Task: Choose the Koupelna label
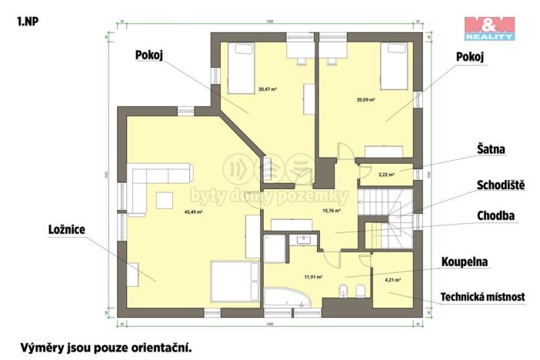click(466, 262)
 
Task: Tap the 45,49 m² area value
click(194, 212)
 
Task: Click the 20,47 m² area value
click(268, 89)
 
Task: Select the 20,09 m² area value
click(365, 99)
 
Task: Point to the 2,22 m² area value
click(386, 175)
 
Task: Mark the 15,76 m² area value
click(331, 209)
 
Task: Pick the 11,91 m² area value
click(313, 276)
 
